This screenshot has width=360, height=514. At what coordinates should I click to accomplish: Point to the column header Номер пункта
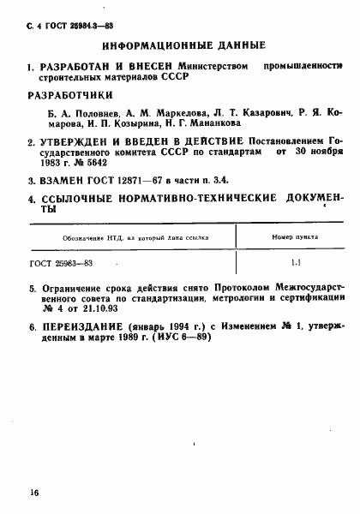294,236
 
